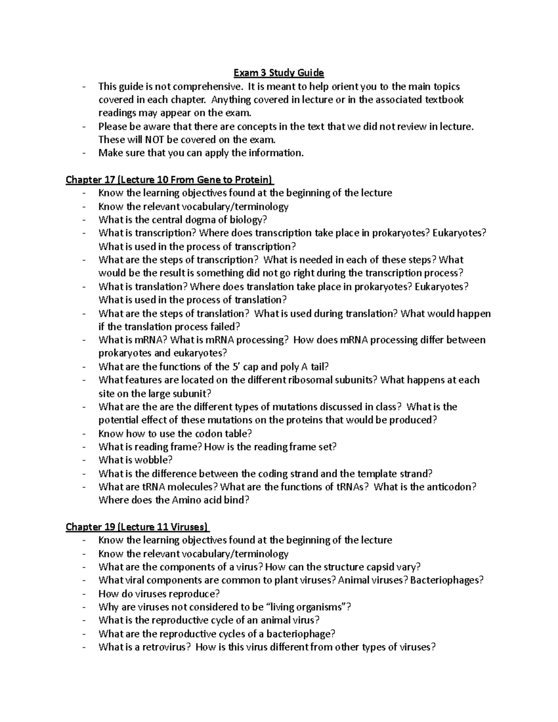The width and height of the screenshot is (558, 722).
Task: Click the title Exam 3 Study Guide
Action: [279, 73]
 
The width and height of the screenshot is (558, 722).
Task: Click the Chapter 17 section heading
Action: [170, 179]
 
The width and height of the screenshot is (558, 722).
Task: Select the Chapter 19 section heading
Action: [138, 527]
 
